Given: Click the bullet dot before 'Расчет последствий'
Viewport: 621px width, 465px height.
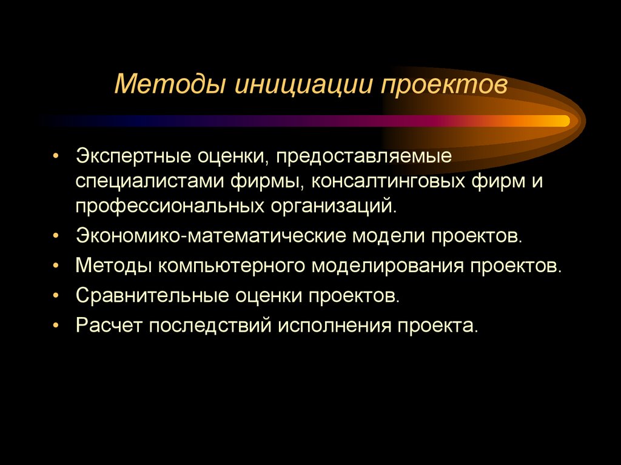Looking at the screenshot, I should [56, 326].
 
